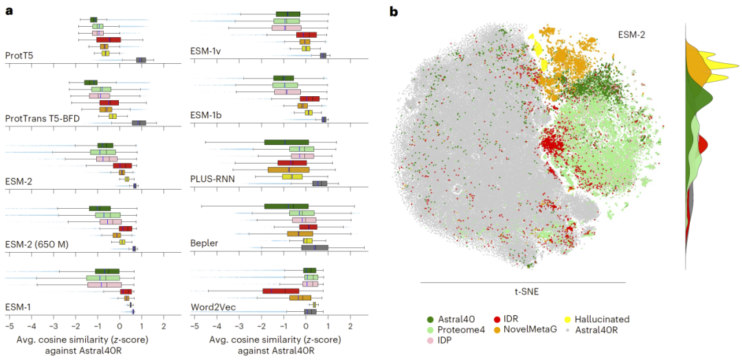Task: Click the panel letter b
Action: click(393, 11)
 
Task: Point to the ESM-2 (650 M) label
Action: click(34, 243)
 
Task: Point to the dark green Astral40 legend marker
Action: click(429, 319)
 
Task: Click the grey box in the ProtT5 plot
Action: click(141, 60)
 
